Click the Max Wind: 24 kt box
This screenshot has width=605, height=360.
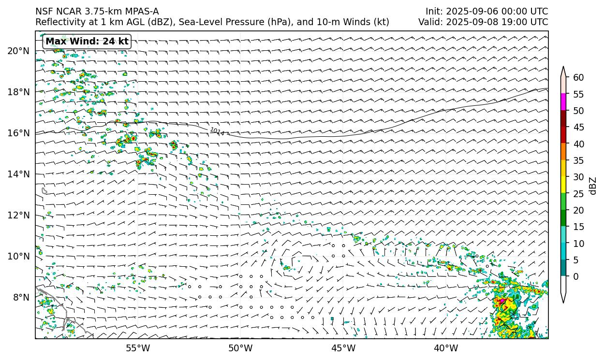click(x=88, y=42)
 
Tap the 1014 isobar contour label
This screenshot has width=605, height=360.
click(x=217, y=131)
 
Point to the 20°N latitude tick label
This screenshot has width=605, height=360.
click(x=18, y=51)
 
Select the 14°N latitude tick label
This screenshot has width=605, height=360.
click(x=18, y=174)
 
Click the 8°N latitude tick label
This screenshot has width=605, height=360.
click(x=21, y=297)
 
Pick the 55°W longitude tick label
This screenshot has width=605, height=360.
click(x=138, y=348)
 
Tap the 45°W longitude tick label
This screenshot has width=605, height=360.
click(x=343, y=348)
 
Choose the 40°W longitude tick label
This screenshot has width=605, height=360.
click(x=446, y=348)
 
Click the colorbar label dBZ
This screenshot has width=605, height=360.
click(x=593, y=186)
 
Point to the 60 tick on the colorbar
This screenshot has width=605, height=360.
click(x=578, y=78)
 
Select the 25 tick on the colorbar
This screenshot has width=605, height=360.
click(x=578, y=194)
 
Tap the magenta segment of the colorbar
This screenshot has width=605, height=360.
click(x=563, y=102)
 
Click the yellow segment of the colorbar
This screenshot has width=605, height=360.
click(x=563, y=185)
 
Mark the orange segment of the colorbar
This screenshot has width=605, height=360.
click(x=563, y=152)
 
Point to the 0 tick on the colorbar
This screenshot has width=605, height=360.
click(x=575, y=276)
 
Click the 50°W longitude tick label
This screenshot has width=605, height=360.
click(x=240, y=348)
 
